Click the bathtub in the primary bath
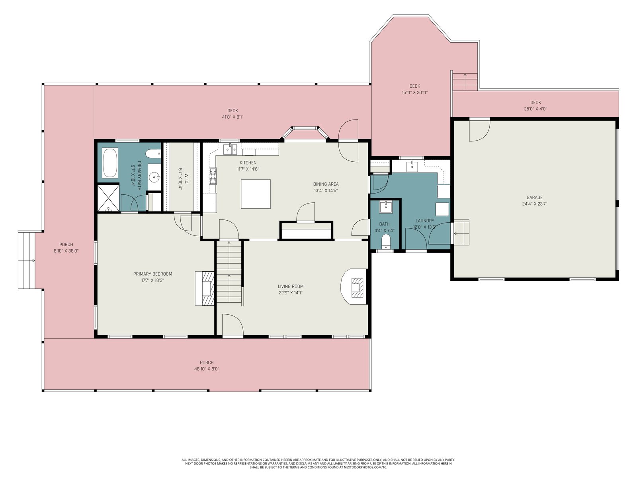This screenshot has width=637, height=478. pos(110,163)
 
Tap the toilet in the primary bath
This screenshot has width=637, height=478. pos(153,153)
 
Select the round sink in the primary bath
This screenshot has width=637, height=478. pos(154,177)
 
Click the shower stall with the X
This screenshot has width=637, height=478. pos(108,198)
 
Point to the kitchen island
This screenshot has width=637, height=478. pos(256,194)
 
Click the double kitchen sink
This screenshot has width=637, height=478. pos(230,149)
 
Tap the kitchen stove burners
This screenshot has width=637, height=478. pos(213,176)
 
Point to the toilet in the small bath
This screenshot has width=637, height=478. pos(386,241)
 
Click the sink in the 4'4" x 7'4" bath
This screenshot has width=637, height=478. pos(386,207)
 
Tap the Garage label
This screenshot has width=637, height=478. pos(534,197)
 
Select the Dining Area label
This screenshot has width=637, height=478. pos(326,184)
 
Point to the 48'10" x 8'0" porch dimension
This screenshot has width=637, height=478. pos(207,369)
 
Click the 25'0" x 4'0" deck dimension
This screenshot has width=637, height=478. pos(535,109)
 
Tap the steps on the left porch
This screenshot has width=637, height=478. pos(27,261)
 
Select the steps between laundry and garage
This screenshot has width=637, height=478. pos(461,233)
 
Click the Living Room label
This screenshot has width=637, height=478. pos(291,286)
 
